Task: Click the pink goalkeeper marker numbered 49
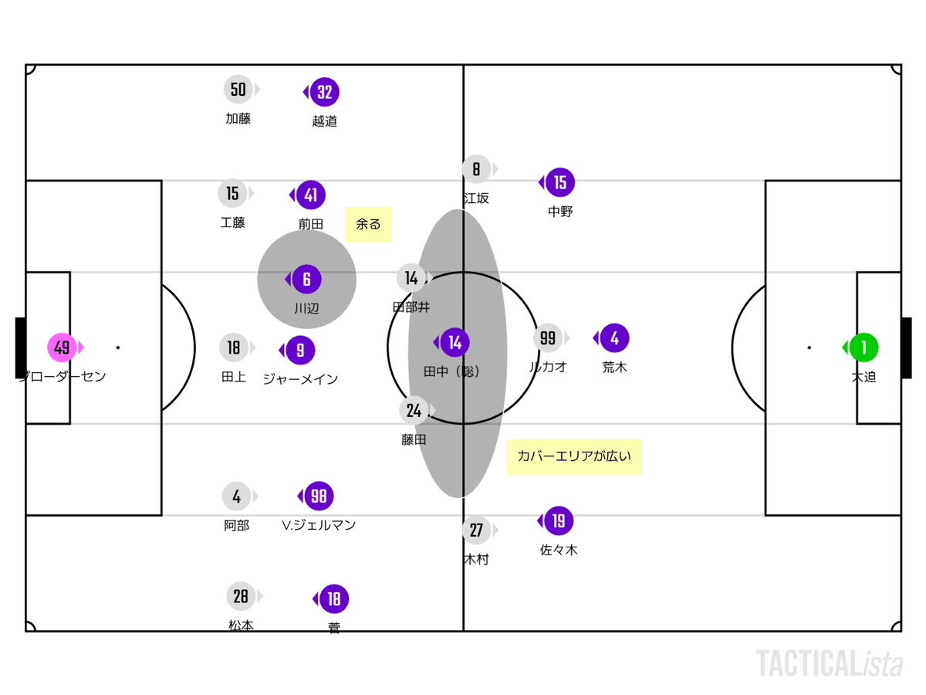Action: pos(63,347)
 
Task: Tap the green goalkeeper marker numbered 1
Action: pos(863,347)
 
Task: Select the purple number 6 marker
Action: pos(306,279)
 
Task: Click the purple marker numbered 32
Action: pos(325,93)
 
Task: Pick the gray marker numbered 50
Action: pos(238,90)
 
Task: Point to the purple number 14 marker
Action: pos(455,342)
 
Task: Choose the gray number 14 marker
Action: pos(411,278)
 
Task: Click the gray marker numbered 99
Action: pos(548,338)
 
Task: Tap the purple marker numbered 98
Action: pos(319,497)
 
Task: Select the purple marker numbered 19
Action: pos(559,521)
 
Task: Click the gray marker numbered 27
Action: pos(476,531)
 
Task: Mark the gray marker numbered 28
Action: pos(241,596)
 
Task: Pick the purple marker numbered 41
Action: pos(310,195)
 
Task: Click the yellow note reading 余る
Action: pos(368,224)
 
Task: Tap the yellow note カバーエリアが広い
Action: pos(574,456)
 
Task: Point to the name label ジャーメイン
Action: pos(300,379)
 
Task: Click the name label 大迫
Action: pos(863,377)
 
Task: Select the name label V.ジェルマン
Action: pos(319,525)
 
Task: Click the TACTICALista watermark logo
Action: pos(829,663)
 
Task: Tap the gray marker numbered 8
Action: pos(476,169)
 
